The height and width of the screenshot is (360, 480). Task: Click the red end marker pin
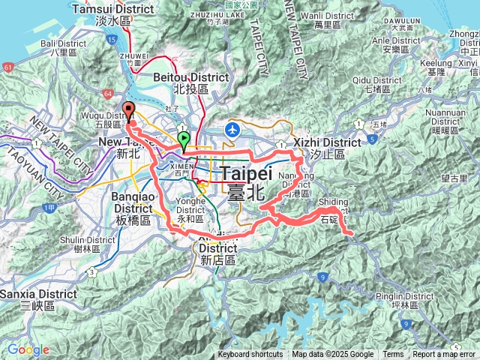(x=128, y=109)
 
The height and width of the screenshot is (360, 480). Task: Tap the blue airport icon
(x=232, y=129)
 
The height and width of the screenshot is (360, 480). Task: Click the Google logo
(x=28, y=349)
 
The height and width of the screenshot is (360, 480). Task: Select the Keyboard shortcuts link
(x=250, y=355)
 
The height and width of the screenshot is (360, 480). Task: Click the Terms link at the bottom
(x=393, y=355)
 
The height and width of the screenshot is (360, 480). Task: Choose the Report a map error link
(x=444, y=355)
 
